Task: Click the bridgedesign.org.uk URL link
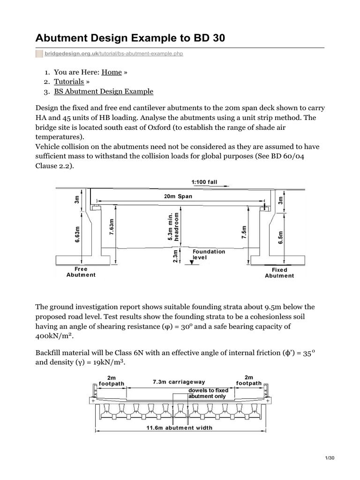point(113,54)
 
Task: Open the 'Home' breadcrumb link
point(112,72)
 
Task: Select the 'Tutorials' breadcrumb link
point(69,82)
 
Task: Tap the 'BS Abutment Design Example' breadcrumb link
point(104,91)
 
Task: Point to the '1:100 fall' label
point(204,182)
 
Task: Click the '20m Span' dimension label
point(178,196)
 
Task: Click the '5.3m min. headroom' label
point(173,226)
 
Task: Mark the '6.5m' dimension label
point(280,237)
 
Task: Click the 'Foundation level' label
point(209,255)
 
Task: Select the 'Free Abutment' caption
point(81,272)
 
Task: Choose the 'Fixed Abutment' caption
point(279,273)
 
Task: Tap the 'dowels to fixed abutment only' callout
point(208,393)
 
